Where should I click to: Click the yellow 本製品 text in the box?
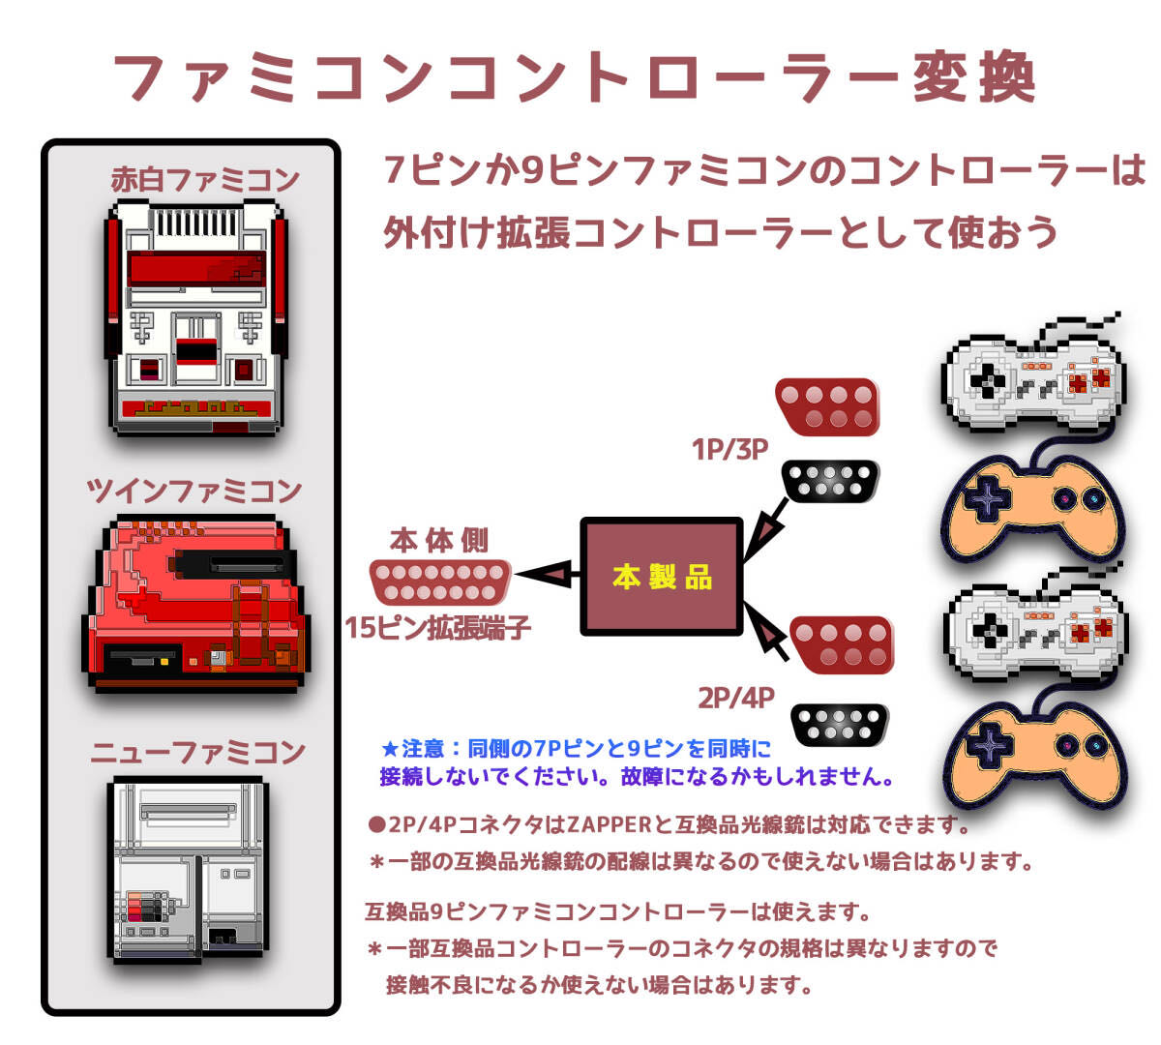click(662, 578)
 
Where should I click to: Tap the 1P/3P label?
click(729, 449)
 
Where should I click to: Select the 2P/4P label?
click(735, 699)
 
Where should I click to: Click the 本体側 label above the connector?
click(439, 540)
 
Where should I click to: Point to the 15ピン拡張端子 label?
click(437, 628)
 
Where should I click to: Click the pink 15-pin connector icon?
click(440, 582)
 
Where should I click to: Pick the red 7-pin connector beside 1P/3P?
click(827, 407)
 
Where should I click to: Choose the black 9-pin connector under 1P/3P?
click(830, 481)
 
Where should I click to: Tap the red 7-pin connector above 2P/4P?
click(842, 644)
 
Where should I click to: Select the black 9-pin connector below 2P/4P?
click(839, 725)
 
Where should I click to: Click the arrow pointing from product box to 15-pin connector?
click(548, 575)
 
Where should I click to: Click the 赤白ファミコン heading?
click(205, 179)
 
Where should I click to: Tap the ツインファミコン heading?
click(194, 491)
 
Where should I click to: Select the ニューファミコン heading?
click(198, 752)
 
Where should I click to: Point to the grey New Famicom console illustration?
click(188, 871)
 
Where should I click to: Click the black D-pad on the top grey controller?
click(988, 382)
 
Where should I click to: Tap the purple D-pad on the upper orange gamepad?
click(988, 499)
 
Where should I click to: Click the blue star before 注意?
click(390, 749)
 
